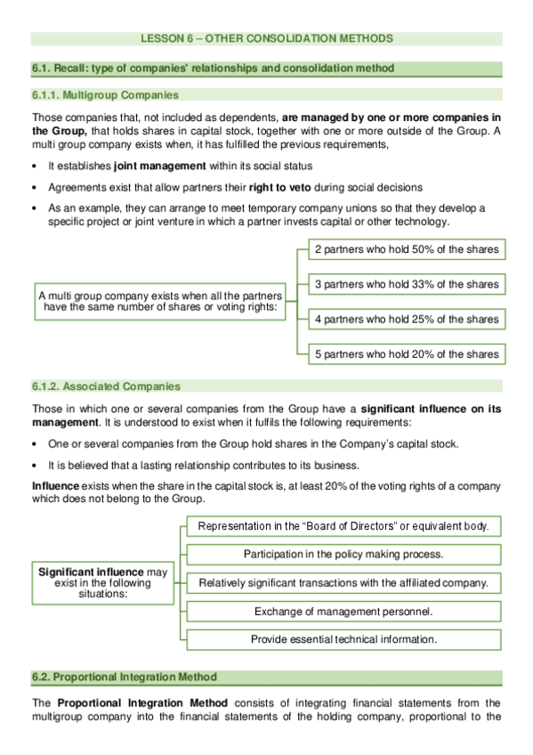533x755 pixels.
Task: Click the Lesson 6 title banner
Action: [x=266, y=38]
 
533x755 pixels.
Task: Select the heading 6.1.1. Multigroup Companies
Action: [x=105, y=94]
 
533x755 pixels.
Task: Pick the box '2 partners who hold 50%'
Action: [x=407, y=249]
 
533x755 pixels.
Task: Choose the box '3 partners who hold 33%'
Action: [x=407, y=284]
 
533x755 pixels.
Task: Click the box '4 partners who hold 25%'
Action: [x=407, y=319]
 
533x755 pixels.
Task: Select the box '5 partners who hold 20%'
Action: [x=407, y=353]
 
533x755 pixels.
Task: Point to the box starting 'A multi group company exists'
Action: [x=160, y=302]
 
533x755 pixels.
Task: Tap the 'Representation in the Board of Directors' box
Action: [x=343, y=526]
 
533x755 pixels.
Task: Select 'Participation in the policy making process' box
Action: [x=343, y=554]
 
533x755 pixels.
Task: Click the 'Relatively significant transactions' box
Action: [x=343, y=582]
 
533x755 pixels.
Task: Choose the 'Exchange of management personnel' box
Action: [x=343, y=611]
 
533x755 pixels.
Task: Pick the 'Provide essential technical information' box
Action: [x=343, y=639]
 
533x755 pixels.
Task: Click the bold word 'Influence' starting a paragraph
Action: [x=55, y=486]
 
